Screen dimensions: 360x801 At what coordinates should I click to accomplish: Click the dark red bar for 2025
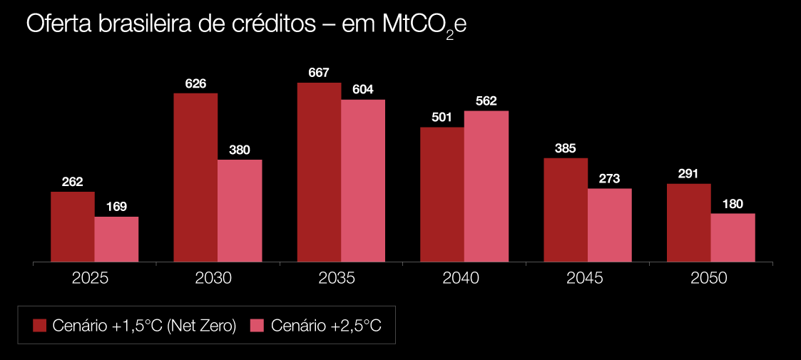coord(72,227)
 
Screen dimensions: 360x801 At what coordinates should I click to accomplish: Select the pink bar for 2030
coord(240,210)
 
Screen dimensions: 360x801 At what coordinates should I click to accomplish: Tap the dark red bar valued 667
coord(319,173)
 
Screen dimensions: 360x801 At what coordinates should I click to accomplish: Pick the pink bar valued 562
coord(486,186)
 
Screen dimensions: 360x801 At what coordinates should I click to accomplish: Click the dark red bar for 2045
coord(566,210)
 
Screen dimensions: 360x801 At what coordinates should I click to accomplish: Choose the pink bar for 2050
coord(733,237)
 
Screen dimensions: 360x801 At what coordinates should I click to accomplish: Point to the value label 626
coord(195,83)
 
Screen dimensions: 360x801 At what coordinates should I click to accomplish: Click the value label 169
coord(116,207)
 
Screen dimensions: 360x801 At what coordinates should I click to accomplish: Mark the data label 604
coord(363,90)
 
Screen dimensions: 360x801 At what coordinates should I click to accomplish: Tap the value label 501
coord(442,117)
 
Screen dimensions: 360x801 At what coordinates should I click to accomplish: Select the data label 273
coord(610,179)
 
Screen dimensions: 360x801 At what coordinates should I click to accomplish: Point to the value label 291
coord(689,173)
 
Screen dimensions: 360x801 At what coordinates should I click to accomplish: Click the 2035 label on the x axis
coord(337,278)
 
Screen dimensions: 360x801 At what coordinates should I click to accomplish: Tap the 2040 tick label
coord(461,278)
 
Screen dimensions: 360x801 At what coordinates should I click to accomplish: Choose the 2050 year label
coord(708,278)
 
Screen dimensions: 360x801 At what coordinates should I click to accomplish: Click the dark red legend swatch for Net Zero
coord(41,326)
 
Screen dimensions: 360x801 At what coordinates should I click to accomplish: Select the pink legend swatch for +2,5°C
coord(257,326)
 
